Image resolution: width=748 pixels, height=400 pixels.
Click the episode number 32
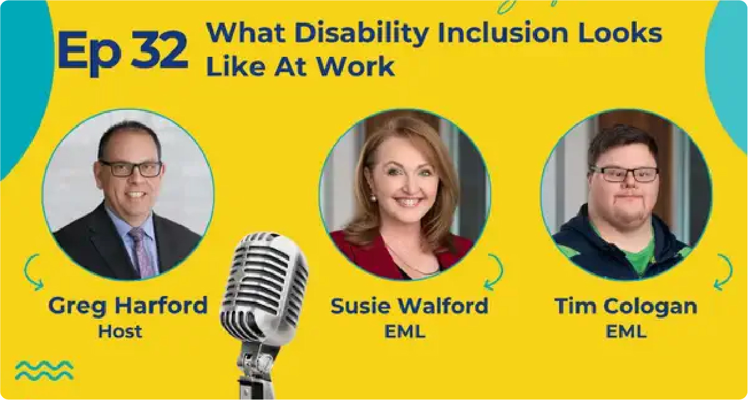pos(160,50)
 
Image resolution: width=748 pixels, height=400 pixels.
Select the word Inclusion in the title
pos(503,33)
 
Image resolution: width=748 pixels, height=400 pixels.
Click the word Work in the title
pos(355,66)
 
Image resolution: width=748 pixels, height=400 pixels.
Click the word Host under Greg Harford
pos(120,331)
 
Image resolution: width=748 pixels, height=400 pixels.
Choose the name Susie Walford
pos(409,306)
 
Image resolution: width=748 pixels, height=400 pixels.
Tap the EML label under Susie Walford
pos(404,332)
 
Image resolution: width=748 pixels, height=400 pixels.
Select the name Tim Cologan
pos(626,306)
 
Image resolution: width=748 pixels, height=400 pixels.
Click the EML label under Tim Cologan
pos(626,332)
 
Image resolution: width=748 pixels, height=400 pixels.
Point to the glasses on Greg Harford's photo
pos(131,169)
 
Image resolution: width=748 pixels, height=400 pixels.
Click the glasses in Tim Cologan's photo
pos(624,175)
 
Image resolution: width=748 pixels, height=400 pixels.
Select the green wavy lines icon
pos(44,371)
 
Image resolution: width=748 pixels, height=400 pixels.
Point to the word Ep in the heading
pos(89,53)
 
